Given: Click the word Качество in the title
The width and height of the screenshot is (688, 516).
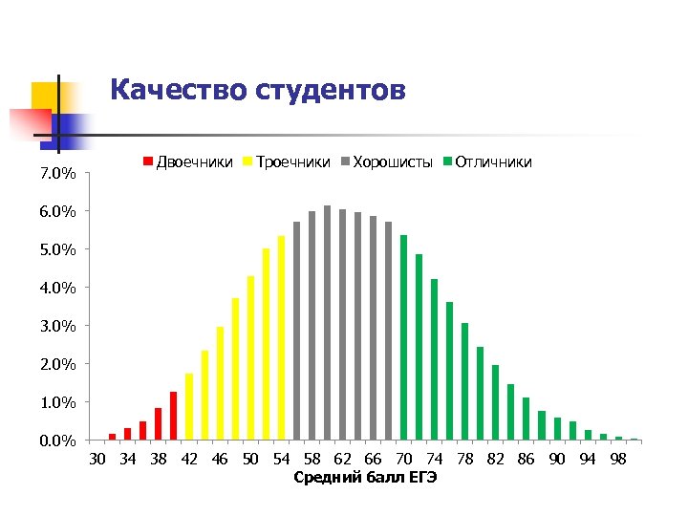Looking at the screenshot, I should pyautogui.click(x=179, y=90).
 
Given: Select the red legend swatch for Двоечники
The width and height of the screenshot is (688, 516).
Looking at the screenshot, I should pyautogui.click(x=147, y=162).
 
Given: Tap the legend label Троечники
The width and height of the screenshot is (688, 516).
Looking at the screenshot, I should pyautogui.click(x=293, y=162).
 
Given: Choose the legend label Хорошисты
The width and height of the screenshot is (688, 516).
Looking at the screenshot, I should pyautogui.click(x=393, y=162).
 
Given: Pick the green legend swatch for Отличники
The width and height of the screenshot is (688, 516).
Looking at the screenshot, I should pyautogui.click(x=447, y=162).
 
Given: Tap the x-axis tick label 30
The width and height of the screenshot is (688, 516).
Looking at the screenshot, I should pyautogui.click(x=97, y=459).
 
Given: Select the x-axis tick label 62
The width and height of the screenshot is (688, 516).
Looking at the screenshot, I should pyautogui.click(x=342, y=459).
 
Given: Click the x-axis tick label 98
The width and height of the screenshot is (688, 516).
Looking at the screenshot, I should pyautogui.click(x=617, y=459).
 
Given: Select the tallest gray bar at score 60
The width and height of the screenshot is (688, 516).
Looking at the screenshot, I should pyautogui.click(x=327, y=323).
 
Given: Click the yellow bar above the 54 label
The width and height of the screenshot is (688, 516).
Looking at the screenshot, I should pyautogui.click(x=281, y=337).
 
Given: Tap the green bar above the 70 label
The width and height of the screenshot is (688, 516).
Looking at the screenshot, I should pyautogui.click(x=403, y=337).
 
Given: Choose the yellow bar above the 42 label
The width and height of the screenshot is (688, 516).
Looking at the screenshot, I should pyautogui.click(x=189, y=406).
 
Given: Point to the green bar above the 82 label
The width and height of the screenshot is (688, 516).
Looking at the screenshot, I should pyautogui.click(x=495, y=402).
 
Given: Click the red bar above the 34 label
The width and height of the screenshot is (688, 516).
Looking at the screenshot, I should pyautogui.click(x=128, y=434).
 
